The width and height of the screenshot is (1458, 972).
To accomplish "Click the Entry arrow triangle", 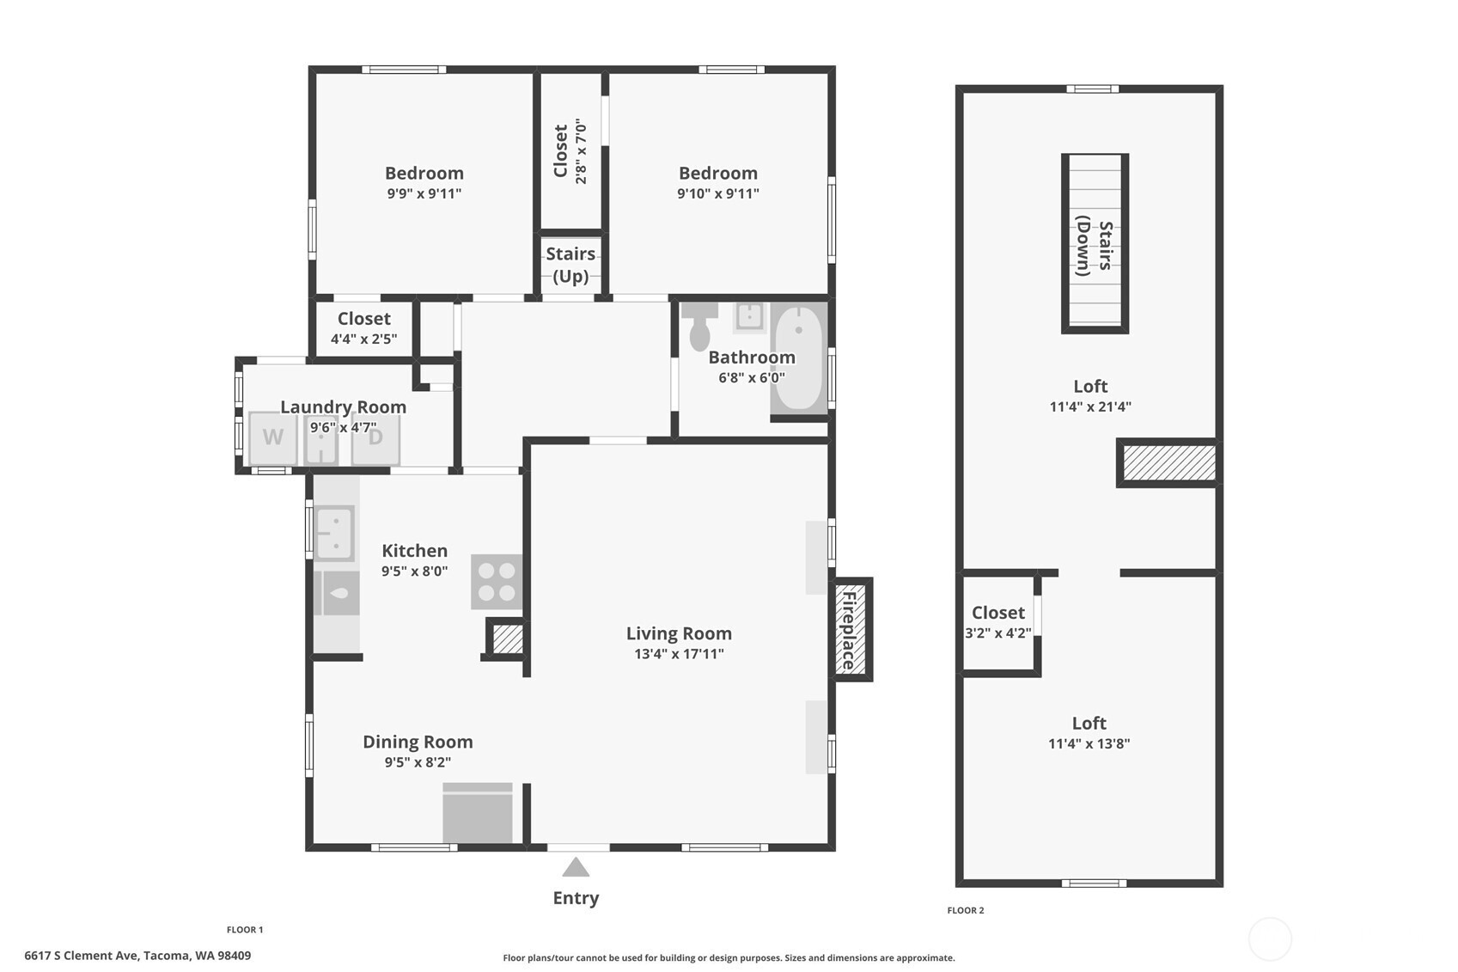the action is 576,867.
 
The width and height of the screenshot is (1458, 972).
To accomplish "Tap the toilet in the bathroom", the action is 699,326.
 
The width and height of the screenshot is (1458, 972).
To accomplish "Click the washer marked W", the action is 272,437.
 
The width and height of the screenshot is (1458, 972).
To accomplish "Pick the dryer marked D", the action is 375,437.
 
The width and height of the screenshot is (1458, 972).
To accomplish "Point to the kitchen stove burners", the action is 497,582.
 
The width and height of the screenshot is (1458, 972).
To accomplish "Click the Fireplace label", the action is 848,630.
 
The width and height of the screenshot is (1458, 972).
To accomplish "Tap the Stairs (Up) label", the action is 570,265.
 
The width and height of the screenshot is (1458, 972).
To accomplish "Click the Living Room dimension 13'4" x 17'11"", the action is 679,654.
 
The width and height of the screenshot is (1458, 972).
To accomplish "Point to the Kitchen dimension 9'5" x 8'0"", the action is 415,571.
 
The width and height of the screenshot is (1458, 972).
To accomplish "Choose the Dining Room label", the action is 418,742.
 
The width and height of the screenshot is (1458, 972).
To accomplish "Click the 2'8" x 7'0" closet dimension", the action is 582,151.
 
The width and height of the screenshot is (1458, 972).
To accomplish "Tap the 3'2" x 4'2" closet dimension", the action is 997,633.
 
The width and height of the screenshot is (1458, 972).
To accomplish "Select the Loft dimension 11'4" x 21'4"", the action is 1090,407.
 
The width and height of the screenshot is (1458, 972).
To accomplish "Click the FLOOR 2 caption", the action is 966,910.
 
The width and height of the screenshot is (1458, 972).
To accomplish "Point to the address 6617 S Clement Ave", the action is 81,956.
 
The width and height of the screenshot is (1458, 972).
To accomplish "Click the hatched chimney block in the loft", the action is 1169,463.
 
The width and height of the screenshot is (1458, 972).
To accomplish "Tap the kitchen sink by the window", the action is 335,533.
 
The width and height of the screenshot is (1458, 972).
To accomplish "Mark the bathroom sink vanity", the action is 750,317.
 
